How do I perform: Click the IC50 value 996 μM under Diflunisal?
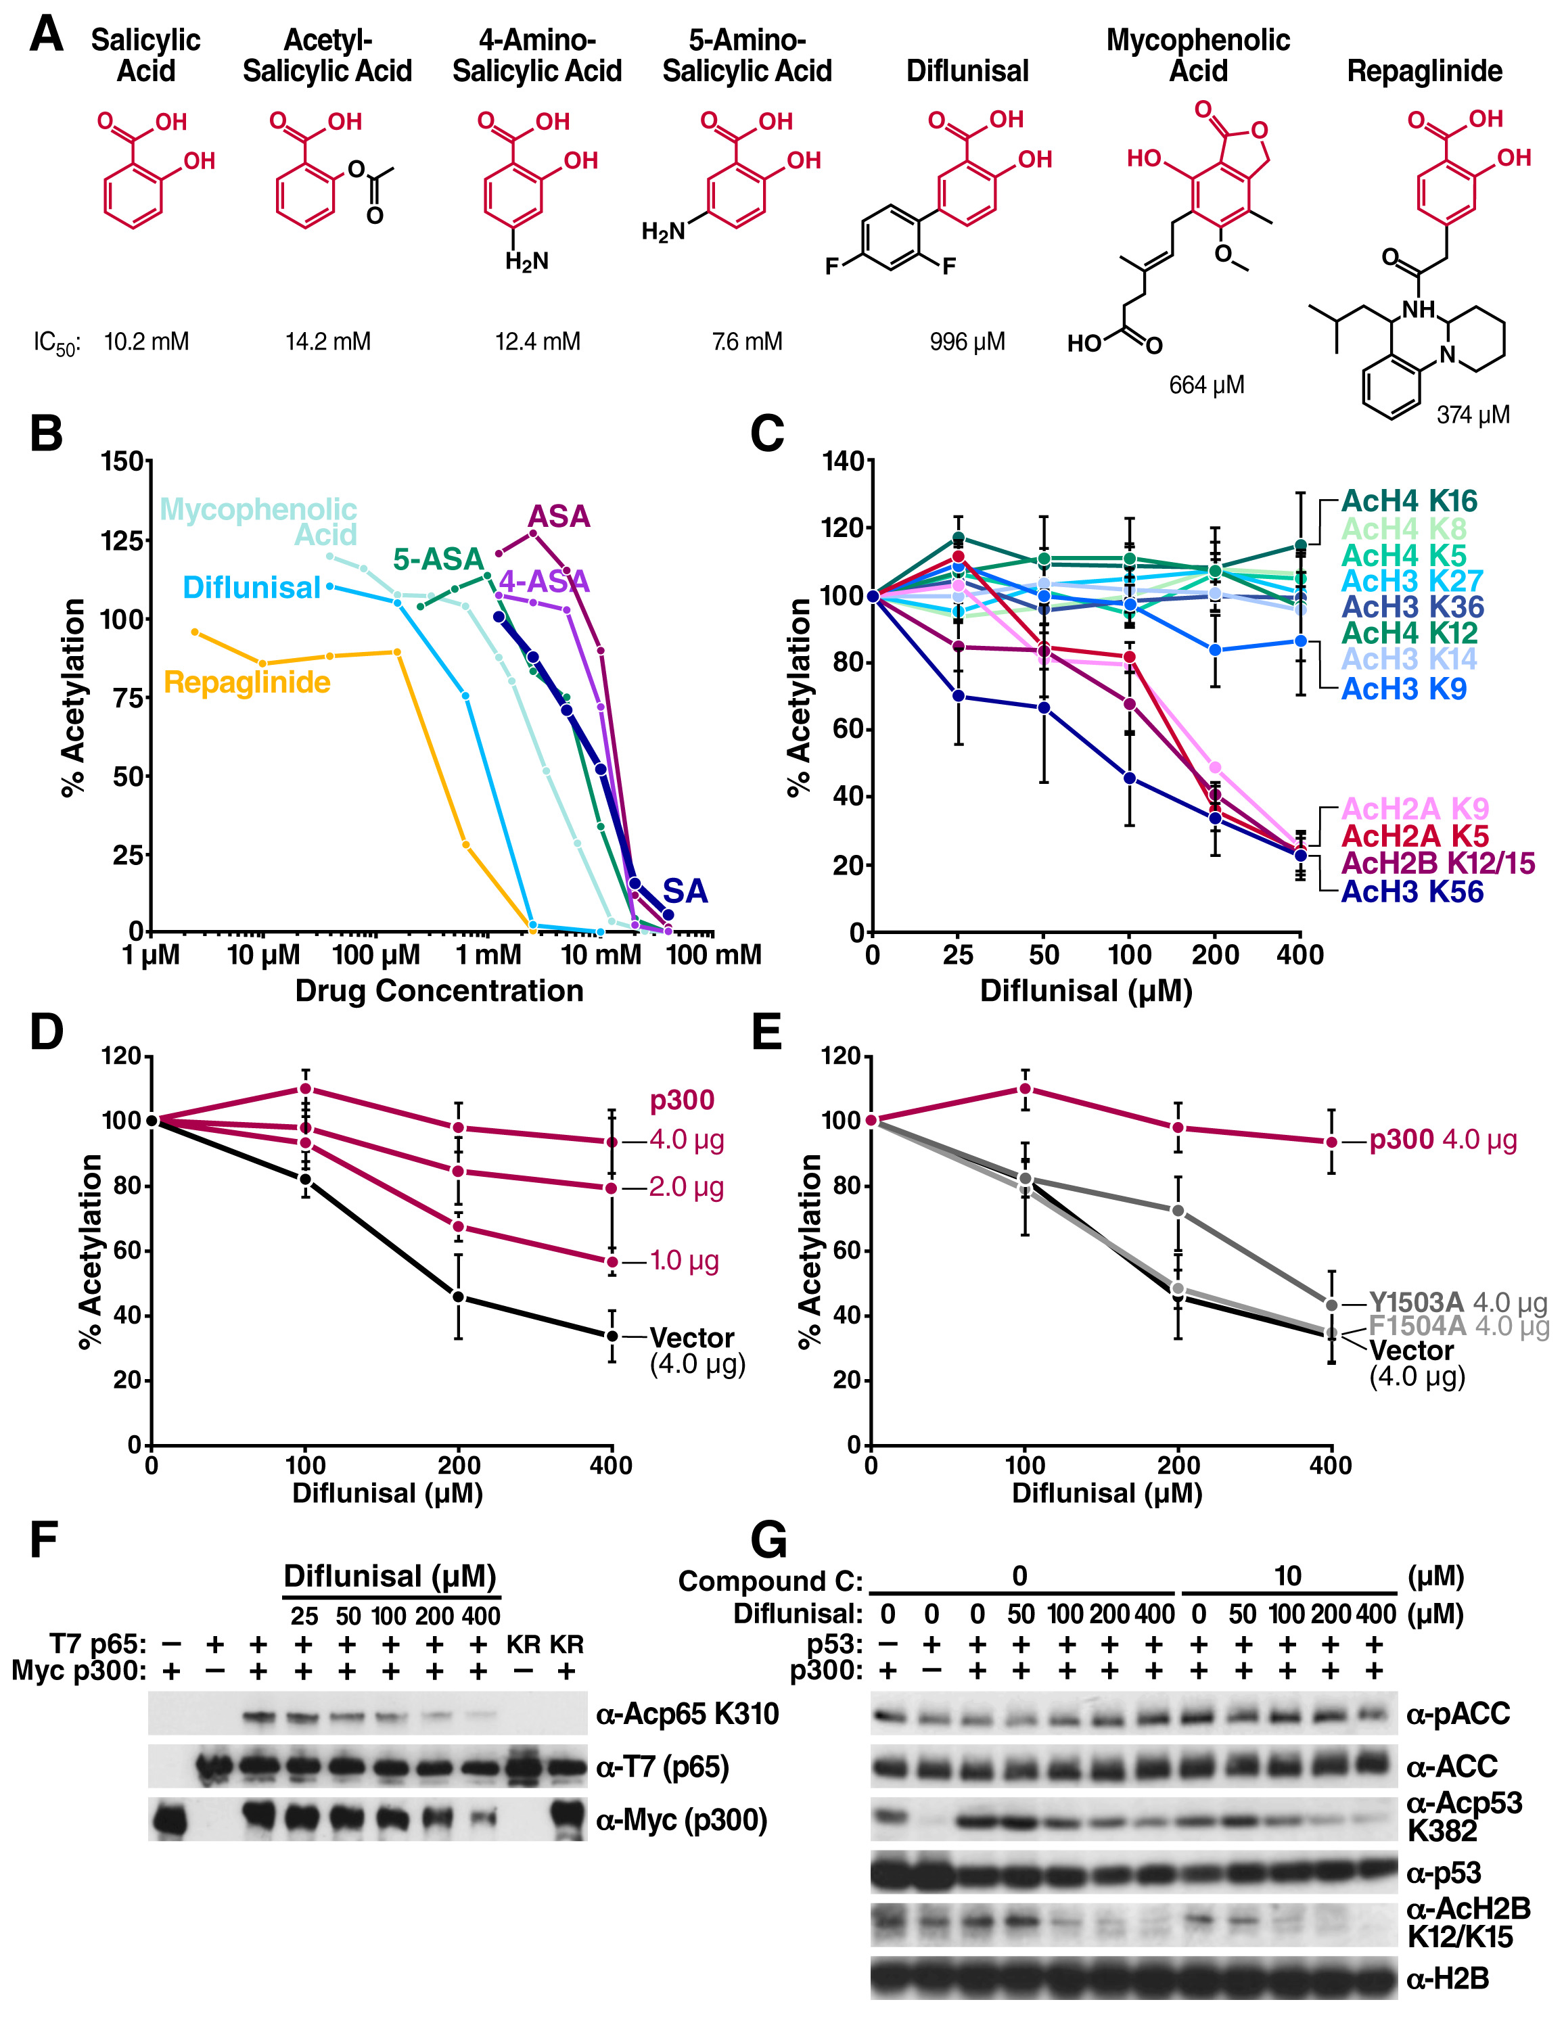tap(967, 342)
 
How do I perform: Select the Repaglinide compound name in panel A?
tap(1424, 72)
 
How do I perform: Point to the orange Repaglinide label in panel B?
tap(247, 682)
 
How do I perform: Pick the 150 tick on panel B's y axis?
tap(122, 462)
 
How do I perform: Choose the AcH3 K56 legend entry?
tap(1412, 892)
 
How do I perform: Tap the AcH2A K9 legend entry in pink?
tap(1414, 808)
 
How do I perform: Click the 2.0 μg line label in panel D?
tap(685, 1188)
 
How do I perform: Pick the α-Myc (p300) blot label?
tap(681, 1820)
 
